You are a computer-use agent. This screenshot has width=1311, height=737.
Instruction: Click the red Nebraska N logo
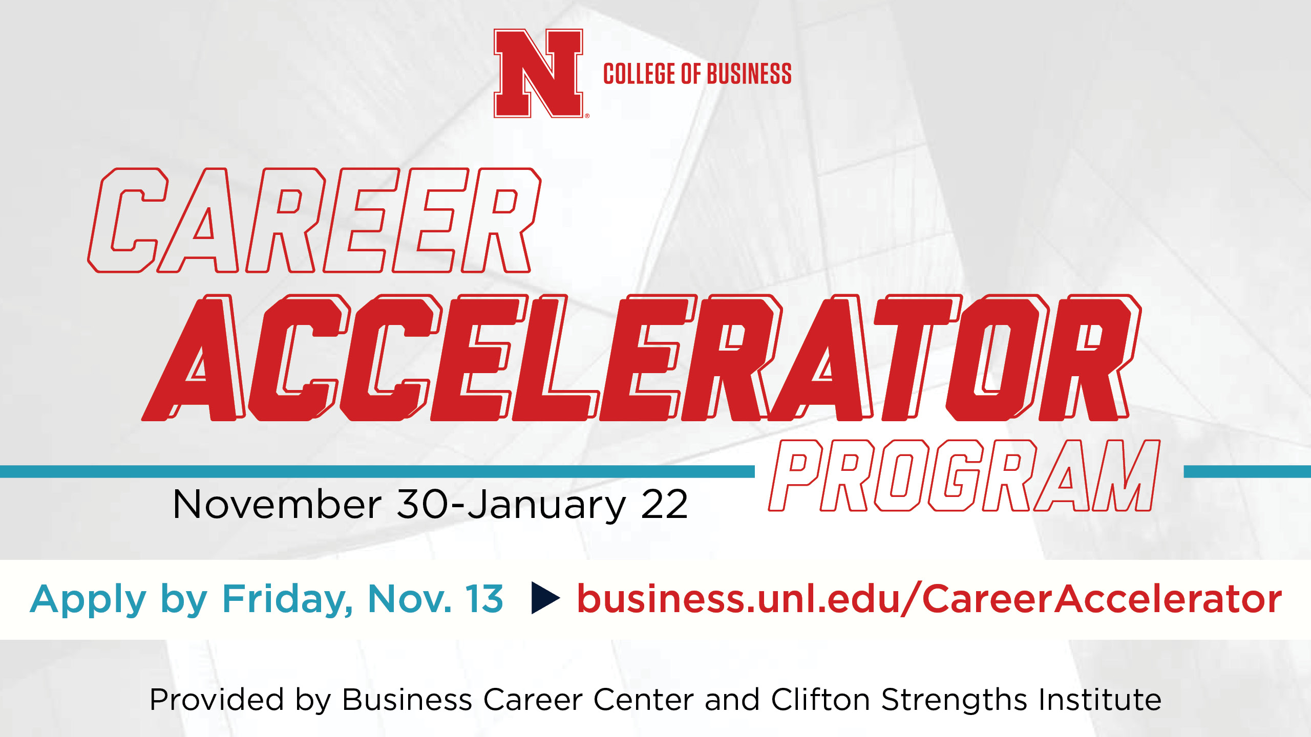click(x=538, y=73)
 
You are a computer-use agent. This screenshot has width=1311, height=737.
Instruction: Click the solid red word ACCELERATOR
click(x=642, y=358)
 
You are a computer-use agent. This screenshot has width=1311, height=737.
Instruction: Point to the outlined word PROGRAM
click(x=964, y=475)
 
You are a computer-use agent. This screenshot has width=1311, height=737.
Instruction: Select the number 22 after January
click(x=664, y=504)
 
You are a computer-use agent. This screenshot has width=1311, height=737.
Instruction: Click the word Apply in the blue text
click(x=89, y=600)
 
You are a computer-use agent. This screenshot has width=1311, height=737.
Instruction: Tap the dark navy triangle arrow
click(x=546, y=598)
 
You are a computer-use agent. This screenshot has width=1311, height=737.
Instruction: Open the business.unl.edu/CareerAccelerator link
click(x=929, y=598)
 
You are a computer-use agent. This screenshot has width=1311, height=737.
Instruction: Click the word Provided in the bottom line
click(x=217, y=699)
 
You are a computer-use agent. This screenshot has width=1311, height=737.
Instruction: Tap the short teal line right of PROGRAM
click(x=1247, y=471)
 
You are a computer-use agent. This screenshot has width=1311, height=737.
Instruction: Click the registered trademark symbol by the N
click(x=587, y=116)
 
